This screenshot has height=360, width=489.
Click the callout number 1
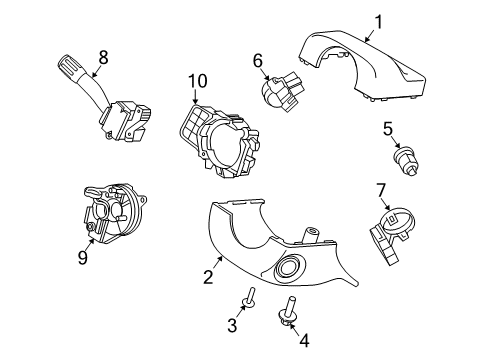pyautogui.click(x=378, y=22)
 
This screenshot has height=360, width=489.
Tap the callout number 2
pyautogui.click(x=208, y=277)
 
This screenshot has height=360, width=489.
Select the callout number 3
pyautogui.click(x=232, y=325)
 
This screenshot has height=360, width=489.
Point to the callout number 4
pyautogui.click(x=304, y=341)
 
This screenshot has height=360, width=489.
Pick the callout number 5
pyautogui.click(x=388, y=129)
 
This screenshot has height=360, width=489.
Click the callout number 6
pyautogui.click(x=258, y=61)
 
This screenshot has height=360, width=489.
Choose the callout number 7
pyautogui.click(x=380, y=190)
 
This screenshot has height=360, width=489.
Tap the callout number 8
pyautogui.click(x=103, y=57)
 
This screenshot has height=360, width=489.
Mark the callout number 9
pyautogui.click(x=82, y=257)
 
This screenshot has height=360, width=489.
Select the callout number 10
pyautogui.click(x=198, y=81)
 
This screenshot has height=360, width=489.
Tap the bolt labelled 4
pyautogui.click(x=287, y=310)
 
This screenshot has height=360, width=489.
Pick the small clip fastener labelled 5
pyautogui.click(x=406, y=161)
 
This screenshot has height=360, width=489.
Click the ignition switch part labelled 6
pyautogui.click(x=283, y=91)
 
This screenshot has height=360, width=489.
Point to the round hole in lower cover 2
pyautogui.click(x=288, y=266)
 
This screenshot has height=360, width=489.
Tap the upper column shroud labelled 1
pyautogui.click(x=362, y=65)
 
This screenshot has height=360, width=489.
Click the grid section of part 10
pyautogui.click(x=193, y=125)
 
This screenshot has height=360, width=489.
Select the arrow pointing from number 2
pyautogui.click(x=218, y=261)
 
